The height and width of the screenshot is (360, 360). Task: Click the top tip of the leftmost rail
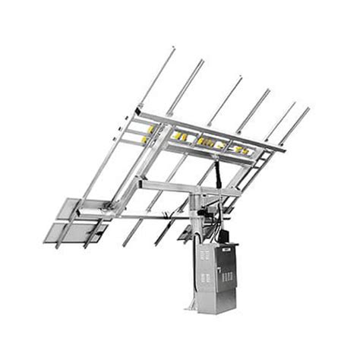173,49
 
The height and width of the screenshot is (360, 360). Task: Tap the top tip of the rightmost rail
308,109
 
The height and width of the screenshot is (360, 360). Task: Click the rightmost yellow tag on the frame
244,150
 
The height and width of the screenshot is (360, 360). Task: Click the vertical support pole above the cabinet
196,216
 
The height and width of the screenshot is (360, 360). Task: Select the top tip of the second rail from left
202,61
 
